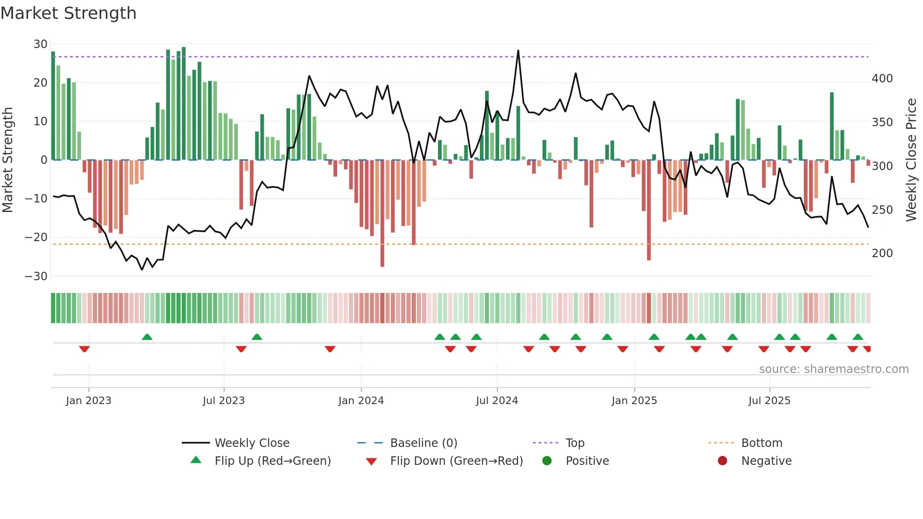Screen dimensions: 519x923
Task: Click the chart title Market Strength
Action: (x=68, y=13)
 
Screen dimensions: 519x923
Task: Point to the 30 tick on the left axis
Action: (x=40, y=44)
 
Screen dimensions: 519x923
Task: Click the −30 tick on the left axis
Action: (x=37, y=276)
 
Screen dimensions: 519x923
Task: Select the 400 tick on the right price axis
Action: (x=882, y=79)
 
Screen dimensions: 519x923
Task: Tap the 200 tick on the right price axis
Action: (x=882, y=253)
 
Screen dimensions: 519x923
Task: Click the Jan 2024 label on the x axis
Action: (x=361, y=401)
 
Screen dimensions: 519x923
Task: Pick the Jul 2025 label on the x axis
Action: (x=769, y=401)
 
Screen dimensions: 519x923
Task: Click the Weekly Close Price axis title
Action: (x=911, y=160)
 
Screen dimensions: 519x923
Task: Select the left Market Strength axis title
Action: (x=8, y=160)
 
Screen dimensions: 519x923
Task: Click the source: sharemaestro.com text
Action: (x=834, y=369)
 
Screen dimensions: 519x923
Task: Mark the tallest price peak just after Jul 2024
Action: (x=518, y=51)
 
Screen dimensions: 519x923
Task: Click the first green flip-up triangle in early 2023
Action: (x=147, y=337)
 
